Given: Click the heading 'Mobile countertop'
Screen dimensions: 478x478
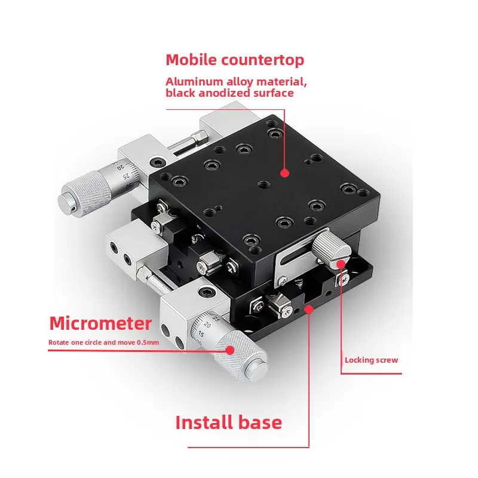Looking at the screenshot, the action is coord(235,60).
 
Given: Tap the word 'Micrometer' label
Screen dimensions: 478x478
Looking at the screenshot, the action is coord(100,323).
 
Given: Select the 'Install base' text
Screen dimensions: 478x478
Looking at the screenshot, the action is coord(229,422).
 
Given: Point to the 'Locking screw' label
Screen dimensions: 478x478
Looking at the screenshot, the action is coord(371,360).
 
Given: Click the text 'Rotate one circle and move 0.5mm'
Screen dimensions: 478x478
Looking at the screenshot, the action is coord(103,342).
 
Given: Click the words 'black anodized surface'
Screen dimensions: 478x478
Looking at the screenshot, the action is coord(229,93).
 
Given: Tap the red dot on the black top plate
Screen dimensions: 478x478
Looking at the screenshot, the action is coord(285,173).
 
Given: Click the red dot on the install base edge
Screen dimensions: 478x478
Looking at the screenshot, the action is coord(309,310).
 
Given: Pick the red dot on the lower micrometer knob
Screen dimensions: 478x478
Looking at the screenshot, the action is coord(230,350).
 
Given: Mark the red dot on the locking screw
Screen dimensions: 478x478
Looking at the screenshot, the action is coord(341,264).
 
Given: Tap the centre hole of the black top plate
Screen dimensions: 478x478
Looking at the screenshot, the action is coord(263,185).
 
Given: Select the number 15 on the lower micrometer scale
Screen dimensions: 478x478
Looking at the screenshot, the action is coord(201,334).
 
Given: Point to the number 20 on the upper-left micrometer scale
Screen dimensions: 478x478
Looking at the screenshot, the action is coord(121,167).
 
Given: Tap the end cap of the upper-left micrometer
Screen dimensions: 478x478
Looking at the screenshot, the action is coord(66,202).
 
